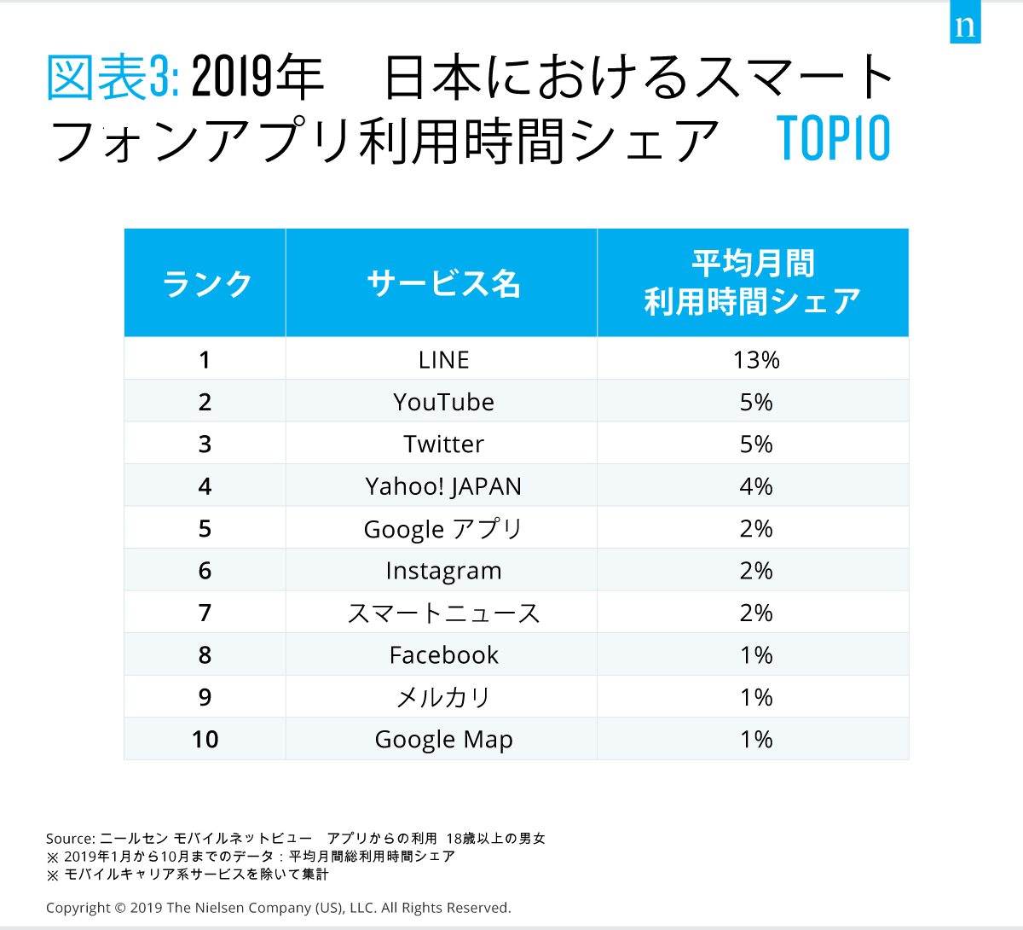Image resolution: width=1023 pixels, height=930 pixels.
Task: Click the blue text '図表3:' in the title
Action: coord(112,78)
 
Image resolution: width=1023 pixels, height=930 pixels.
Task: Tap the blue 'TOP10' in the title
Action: coord(834,139)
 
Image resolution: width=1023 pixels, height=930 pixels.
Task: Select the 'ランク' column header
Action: coord(205,283)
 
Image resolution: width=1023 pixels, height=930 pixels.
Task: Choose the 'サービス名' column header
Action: coord(443,283)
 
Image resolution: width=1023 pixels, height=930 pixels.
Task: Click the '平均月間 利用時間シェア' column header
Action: coord(753,282)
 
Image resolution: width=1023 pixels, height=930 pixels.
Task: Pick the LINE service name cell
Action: coord(443,360)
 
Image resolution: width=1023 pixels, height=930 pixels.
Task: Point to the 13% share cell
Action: coord(756,360)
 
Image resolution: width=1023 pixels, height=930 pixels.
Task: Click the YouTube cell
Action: coord(443,402)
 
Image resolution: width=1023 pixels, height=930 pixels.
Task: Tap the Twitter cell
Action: coord(443,445)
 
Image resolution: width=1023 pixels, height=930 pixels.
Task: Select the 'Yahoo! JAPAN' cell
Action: coord(443,486)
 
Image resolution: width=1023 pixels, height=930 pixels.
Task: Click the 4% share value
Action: coord(756,486)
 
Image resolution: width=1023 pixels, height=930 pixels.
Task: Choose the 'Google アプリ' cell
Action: coord(443,529)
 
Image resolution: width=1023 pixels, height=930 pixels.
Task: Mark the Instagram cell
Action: coord(443,571)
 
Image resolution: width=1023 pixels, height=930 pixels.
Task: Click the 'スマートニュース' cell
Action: coord(443,613)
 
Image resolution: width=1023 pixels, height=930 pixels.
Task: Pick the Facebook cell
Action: coord(443,655)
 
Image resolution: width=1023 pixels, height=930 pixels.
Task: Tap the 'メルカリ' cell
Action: coord(443,698)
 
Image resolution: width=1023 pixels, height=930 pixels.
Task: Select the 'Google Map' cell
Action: coord(443,740)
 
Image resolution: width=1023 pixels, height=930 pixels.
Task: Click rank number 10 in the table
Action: coord(205,740)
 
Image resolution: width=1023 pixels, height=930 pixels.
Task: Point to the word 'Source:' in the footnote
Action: coord(71,839)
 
